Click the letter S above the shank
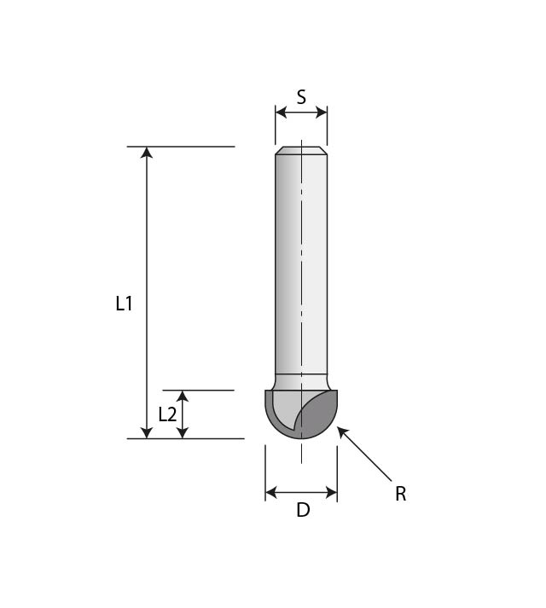click(301, 97)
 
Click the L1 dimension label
click(125, 303)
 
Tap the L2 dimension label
click(168, 414)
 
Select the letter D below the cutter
click(302, 511)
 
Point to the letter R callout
click(400, 494)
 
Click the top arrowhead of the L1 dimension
click(147, 153)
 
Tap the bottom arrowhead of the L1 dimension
click(147, 432)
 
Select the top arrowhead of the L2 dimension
click(182, 397)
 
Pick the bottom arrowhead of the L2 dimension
click(182, 432)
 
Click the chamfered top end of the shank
click(301, 151)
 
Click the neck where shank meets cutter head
click(301, 381)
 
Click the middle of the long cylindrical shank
click(301, 264)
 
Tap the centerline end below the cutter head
click(301, 459)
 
